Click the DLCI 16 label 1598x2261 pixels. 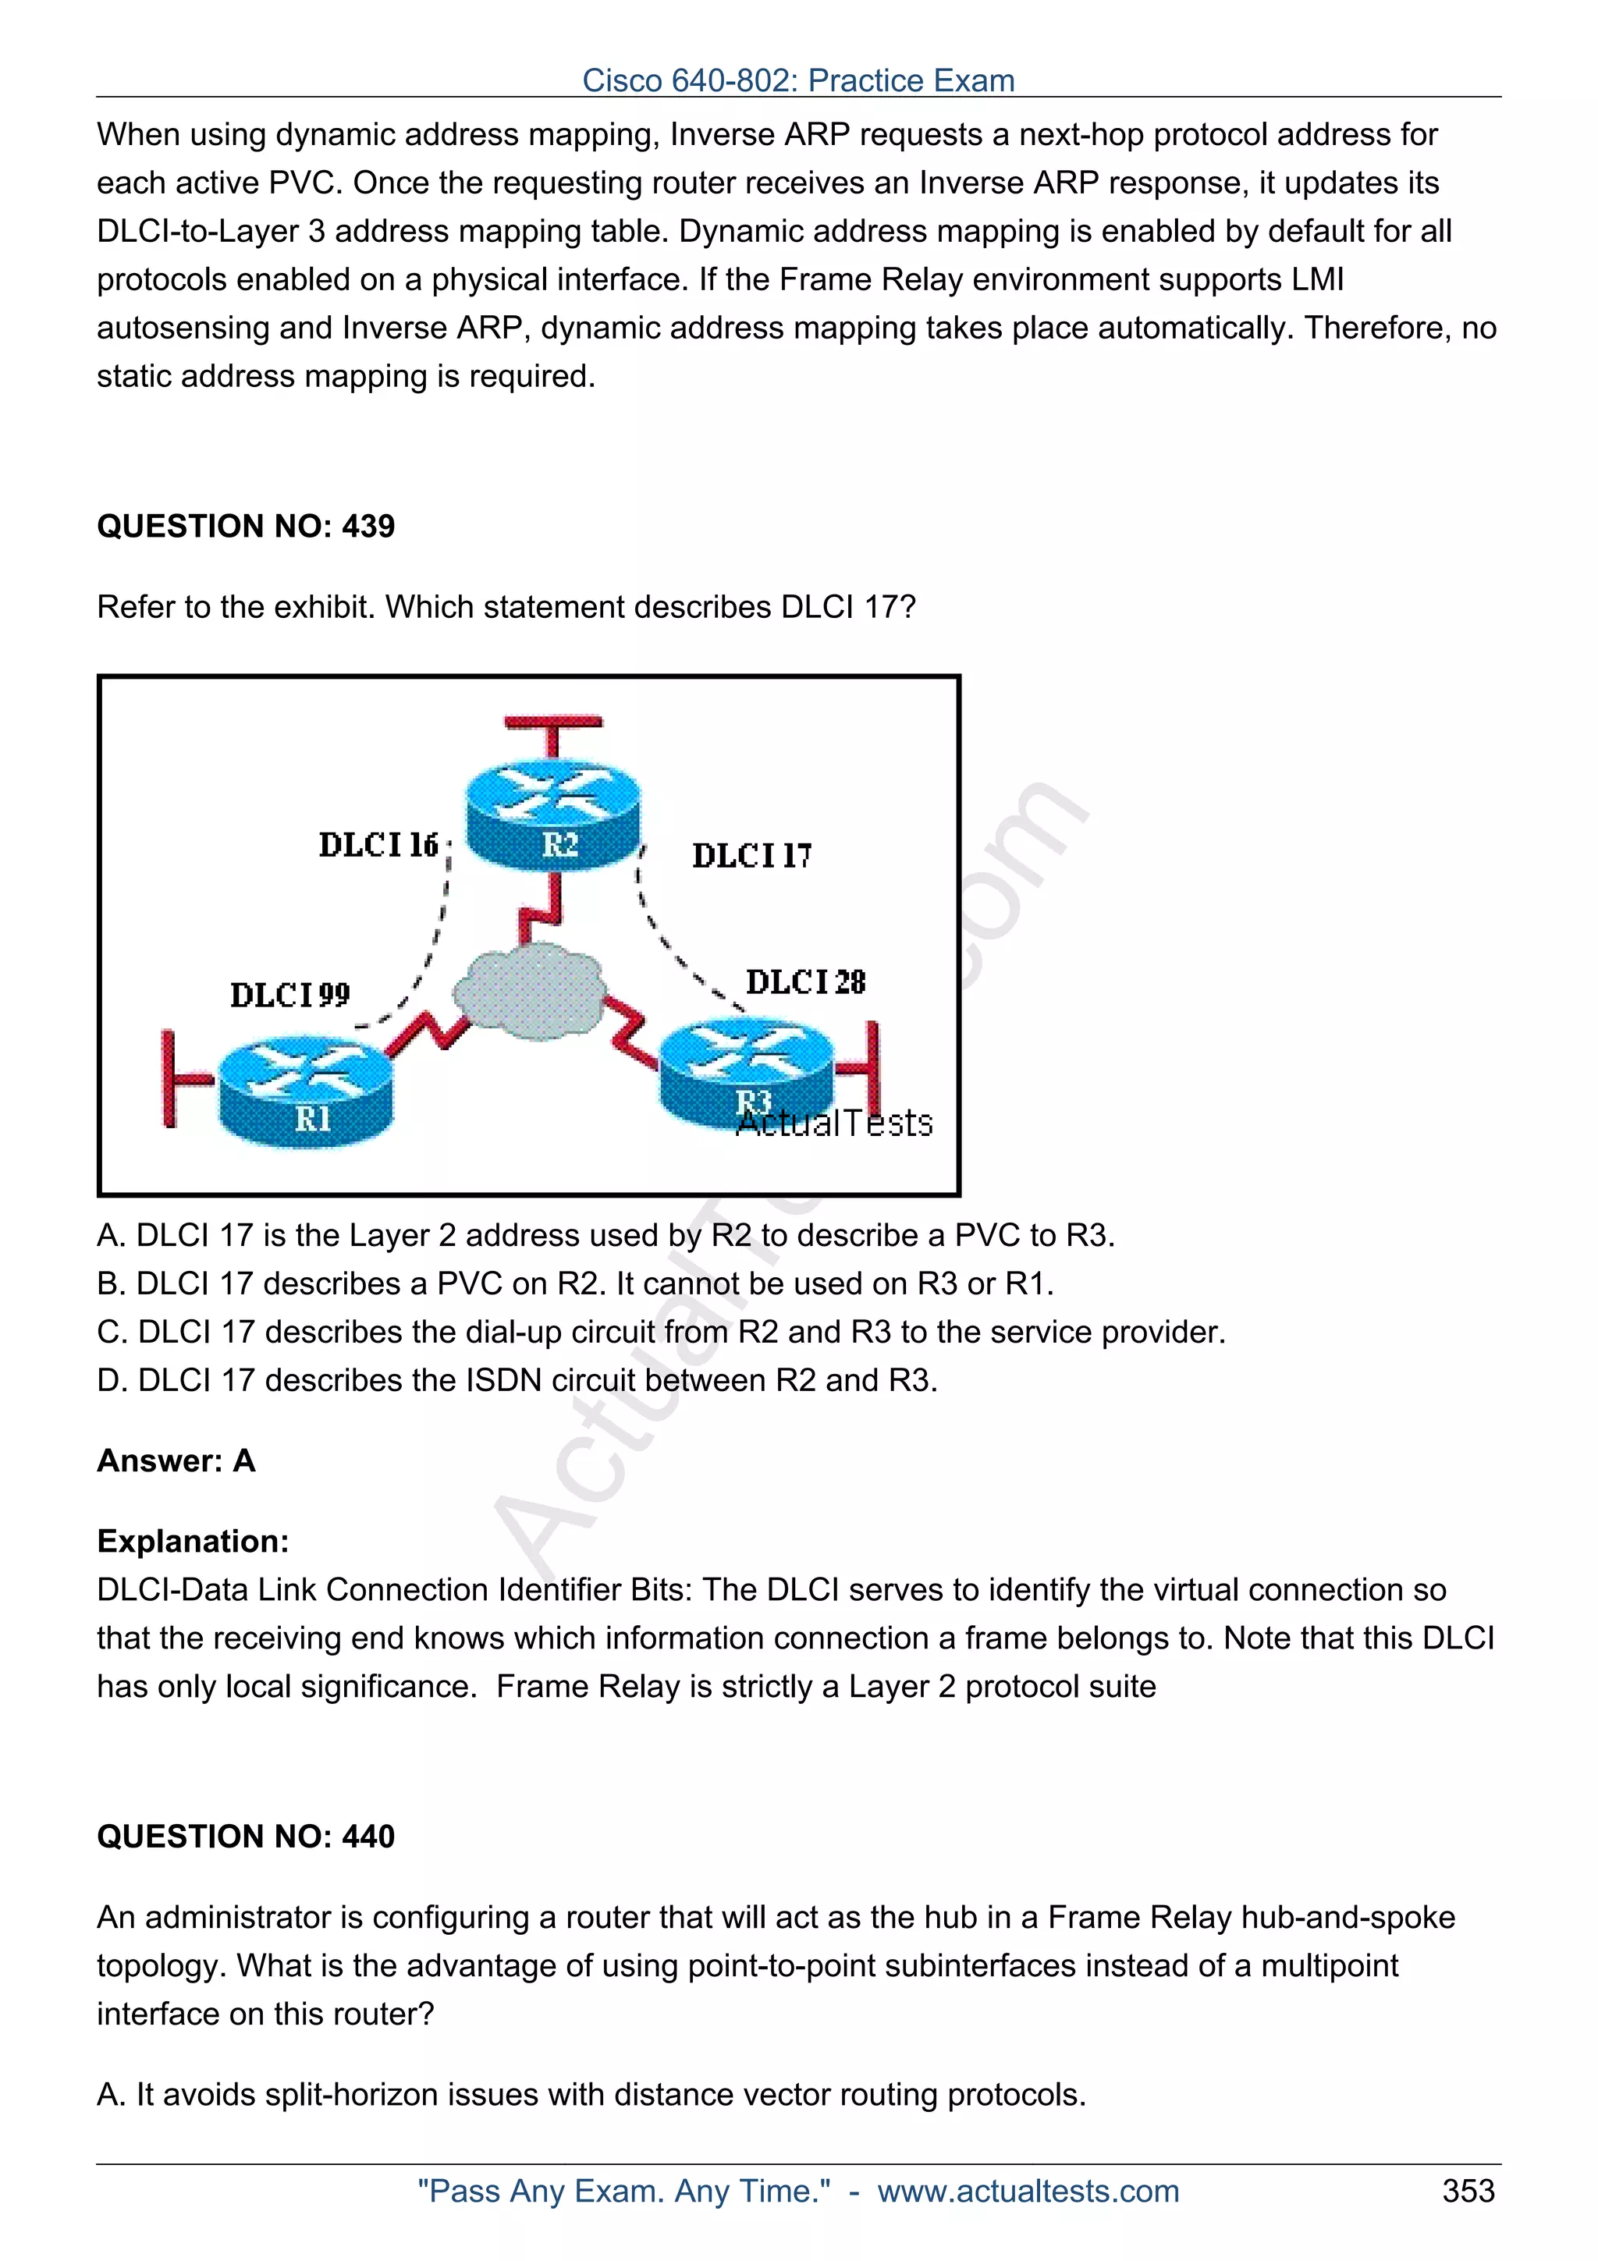click(x=378, y=845)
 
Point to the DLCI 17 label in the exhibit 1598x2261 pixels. click(x=751, y=855)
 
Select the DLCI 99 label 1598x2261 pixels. click(x=289, y=995)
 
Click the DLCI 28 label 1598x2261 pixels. click(x=805, y=981)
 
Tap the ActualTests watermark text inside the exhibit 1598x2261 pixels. click(x=835, y=1123)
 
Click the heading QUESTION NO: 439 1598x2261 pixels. click(x=245, y=526)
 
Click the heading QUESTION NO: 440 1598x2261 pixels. click(x=245, y=1836)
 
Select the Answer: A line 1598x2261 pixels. click(x=176, y=1461)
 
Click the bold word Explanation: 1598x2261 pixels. click(x=193, y=1541)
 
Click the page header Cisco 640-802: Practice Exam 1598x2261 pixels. click(x=797, y=80)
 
